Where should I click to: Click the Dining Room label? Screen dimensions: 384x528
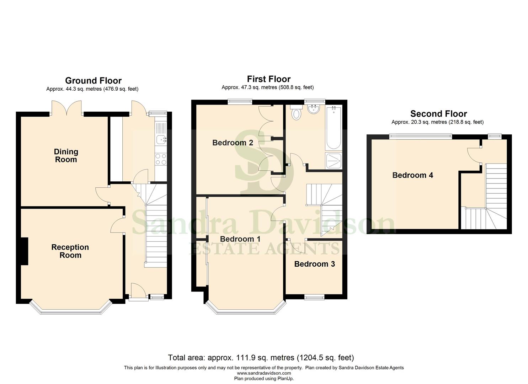(66, 156)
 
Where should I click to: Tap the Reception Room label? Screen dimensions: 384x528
(70, 251)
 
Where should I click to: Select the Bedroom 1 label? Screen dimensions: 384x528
(240, 239)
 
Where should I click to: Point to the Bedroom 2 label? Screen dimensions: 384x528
(233, 143)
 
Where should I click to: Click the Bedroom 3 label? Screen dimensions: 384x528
(314, 264)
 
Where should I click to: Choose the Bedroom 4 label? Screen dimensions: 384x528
(412, 175)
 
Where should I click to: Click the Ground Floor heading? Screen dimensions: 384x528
(93, 81)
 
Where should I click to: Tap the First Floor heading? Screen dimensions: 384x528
(269, 79)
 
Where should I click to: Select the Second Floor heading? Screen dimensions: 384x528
(438, 114)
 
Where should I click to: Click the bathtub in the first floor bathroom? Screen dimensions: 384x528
(333, 128)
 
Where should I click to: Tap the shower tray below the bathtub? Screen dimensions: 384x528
(333, 161)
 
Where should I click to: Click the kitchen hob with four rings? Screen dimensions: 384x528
(161, 159)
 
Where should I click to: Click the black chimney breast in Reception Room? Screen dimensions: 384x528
(24, 251)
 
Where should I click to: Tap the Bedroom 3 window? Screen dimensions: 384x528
(314, 297)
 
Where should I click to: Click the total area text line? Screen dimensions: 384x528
(261, 357)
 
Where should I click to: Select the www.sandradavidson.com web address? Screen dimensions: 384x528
(264, 373)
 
